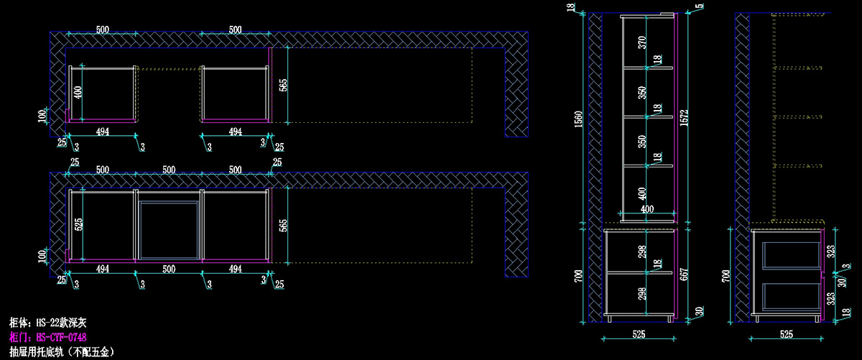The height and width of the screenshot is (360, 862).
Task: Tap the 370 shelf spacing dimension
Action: pyautogui.click(x=641, y=42)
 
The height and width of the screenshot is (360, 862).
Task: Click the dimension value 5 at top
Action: pyautogui.click(x=700, y=6)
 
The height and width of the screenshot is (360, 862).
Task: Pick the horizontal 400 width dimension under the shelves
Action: pyautogui.click(x=647, y=208)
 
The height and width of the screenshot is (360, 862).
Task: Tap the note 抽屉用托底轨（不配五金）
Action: pyautogui.click(x=60, y=351)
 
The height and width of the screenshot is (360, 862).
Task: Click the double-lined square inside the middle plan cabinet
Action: pyautogui.click(x=169, y=229)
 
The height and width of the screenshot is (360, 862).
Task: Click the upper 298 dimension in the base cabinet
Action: pyautogui.click(x=641, y=251)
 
